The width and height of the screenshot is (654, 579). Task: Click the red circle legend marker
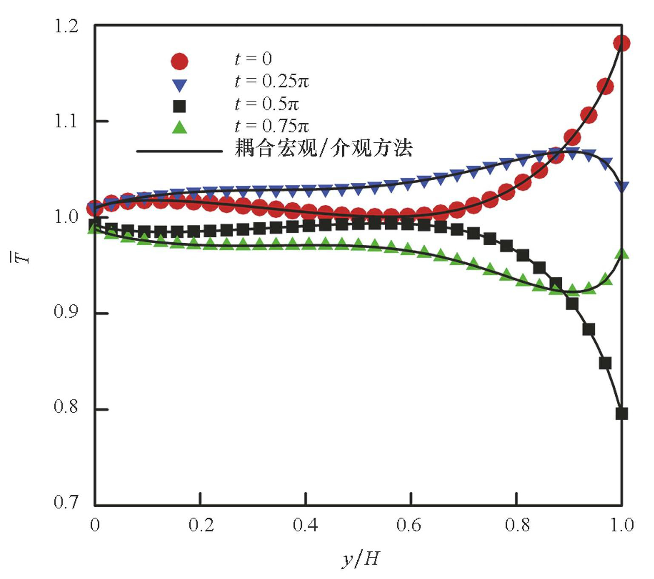point(179,61)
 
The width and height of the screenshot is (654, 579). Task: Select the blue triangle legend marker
point(179,85)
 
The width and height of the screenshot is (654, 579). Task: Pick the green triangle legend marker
point(179,127)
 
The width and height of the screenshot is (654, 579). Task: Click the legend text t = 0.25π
point(271,81)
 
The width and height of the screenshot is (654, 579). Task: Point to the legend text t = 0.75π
point(271,126)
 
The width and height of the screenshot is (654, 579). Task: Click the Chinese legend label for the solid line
point(323,148)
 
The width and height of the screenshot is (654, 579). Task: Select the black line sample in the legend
point(179,151)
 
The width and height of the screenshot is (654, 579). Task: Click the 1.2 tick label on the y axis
point(66,26)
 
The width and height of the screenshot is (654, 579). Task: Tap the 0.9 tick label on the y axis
point(66,312)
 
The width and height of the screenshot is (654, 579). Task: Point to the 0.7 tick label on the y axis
point(66,502)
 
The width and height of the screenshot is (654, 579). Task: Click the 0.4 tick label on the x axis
point(305,525)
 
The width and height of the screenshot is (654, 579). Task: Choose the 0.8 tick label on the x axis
point(517,525)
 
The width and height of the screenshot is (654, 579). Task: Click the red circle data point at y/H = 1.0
point(622,43)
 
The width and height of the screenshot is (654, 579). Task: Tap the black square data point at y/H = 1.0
point(622,414)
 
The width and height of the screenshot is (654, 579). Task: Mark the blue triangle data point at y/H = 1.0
point(622,186)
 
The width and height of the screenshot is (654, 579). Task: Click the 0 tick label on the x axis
point(95,525)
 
